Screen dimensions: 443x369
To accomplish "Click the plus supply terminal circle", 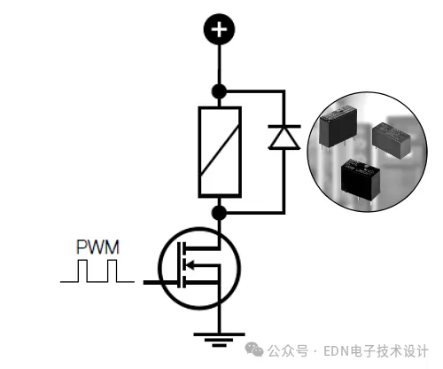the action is tap(219, 29).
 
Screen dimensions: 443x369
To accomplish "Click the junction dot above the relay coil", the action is tap(219, 91).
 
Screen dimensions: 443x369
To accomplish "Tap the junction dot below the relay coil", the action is tap(219, 213).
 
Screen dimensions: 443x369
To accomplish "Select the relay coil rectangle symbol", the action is tap(220, 152).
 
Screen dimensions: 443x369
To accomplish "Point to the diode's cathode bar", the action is tap(284, 126).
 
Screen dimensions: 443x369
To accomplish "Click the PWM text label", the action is tap(97, 247).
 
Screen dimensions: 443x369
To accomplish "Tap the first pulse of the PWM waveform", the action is tap(82, 271).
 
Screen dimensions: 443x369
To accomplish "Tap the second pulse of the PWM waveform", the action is tap(112, 271).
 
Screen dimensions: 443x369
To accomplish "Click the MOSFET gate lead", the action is tap(161, 282).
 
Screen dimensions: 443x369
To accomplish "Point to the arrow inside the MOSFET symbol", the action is tap(191, 265).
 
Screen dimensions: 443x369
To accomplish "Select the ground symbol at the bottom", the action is tap(219, 340).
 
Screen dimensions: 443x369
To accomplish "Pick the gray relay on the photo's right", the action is tap(392, 140).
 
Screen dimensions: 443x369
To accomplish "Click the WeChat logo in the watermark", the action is tap(254, 349).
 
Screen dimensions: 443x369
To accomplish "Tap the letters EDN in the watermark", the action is tap(336, 351).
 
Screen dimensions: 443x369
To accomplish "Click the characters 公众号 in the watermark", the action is tap(288, 351).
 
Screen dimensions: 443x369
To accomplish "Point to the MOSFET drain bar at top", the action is tap(201, 247).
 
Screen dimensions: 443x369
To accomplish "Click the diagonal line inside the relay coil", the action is tap(220, 150).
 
